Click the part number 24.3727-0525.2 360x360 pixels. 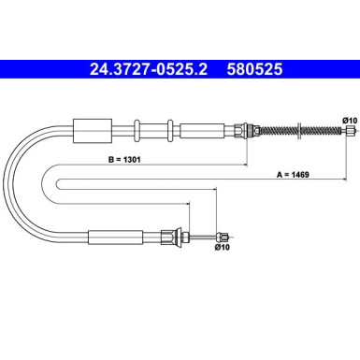[149, 69]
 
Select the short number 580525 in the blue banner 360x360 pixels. [254, 69]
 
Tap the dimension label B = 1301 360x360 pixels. [124, 160]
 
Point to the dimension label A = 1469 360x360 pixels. [293, 175]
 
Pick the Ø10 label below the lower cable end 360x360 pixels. [222, 248]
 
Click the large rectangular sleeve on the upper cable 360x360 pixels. [93, 131]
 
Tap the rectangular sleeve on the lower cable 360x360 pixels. [116, 238]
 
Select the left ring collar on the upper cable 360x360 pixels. [137, 130]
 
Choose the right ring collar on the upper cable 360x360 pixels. [170, 130]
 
